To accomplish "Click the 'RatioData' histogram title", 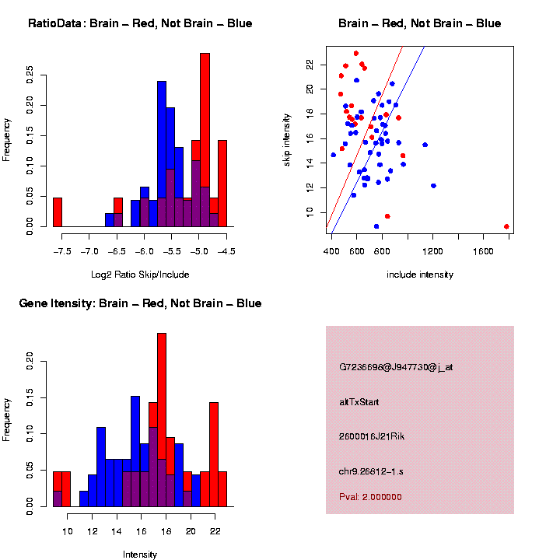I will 140,23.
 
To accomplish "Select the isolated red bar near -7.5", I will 57,212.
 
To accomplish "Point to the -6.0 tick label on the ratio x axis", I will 145,251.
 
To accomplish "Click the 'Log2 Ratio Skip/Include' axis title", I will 140,275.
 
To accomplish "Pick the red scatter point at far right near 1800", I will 506,226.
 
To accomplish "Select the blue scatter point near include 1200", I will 433,186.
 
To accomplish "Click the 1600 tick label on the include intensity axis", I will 483,251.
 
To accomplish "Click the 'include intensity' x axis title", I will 420,275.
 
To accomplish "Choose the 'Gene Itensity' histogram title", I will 140,303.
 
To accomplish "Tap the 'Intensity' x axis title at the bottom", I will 140,555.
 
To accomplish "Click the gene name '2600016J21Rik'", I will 372,436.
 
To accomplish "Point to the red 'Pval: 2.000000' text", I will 370,497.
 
